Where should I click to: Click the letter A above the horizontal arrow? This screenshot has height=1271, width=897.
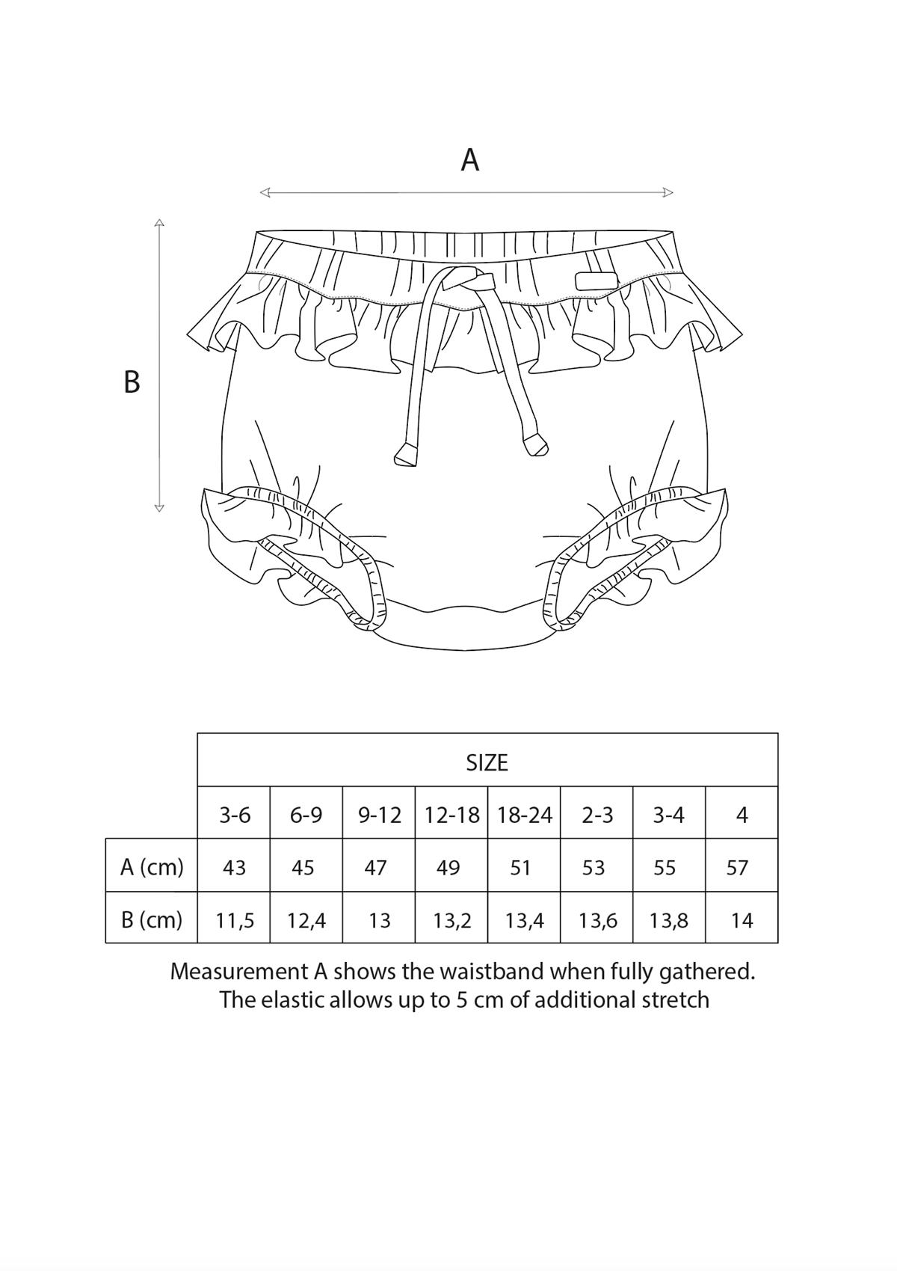(x=470, y=160)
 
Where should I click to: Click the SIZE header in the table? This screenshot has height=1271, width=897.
(x=487, y=763)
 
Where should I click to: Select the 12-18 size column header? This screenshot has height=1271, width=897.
(x=452, y=815)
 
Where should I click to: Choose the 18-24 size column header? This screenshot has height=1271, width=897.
(x=525, y=815)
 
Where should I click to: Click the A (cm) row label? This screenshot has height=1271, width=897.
(x=152, y=868)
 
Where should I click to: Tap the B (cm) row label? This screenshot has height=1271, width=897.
(x=152, y=919)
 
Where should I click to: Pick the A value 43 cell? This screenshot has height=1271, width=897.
(x=234, y=868)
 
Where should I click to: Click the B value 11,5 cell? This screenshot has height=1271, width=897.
(x=235, y=921)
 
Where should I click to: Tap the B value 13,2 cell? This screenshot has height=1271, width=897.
(x=452, y=921)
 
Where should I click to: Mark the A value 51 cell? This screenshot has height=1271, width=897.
(x=520, y=868)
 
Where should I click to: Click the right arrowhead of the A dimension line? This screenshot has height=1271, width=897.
(x=668, y=193)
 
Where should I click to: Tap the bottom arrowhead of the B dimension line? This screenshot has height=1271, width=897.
(x=159, y=508)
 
